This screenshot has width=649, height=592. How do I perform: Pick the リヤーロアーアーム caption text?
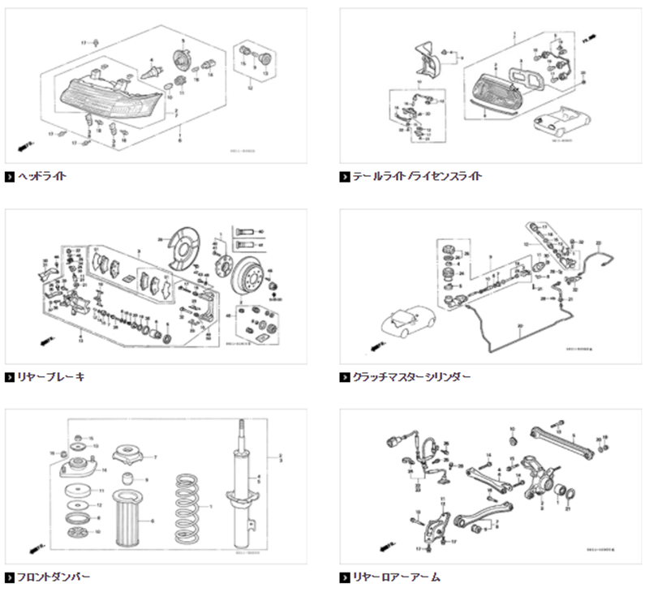396,577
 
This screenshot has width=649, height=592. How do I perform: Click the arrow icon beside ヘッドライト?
10,175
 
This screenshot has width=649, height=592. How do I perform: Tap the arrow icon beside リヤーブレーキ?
10,376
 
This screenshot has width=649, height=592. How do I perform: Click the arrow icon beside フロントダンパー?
10,577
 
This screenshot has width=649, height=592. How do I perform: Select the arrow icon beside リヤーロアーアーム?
345,577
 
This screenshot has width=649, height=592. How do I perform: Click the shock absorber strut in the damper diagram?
242,487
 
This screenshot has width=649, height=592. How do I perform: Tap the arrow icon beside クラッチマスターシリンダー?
345,376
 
